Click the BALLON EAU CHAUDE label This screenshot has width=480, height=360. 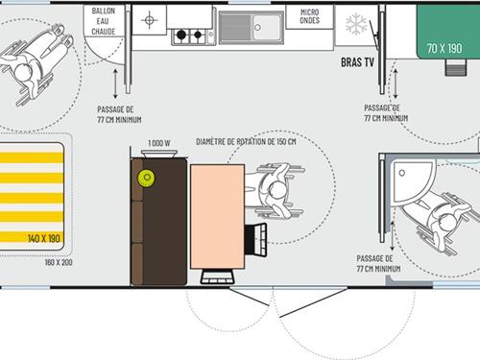pos(103,21)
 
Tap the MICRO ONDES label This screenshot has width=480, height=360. pos(309,16)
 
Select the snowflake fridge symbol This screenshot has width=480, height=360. pos(356,24)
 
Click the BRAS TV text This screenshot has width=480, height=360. pos(357,62)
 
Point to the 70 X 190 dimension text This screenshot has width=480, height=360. pos(444,49)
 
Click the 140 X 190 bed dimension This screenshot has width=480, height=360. pos(44,238)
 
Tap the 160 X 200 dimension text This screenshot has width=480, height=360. pos(59,262)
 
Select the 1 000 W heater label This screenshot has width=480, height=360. pos(159,143)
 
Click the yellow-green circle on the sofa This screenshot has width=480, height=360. pos(147,178)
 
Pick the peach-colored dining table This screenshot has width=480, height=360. pos(218,217)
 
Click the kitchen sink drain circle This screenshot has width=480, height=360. pos(257,28)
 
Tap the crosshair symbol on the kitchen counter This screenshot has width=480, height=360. pos(149,20)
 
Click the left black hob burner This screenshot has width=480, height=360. pos(181,35)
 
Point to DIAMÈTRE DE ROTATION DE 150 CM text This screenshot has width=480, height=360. pos(246,141)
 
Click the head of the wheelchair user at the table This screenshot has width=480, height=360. pos(276,191)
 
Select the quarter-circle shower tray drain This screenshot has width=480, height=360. pos(402,173)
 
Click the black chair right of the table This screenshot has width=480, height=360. pos(255,240)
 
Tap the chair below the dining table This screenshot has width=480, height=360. pos(217,277)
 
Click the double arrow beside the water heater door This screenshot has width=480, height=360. pos(115,84)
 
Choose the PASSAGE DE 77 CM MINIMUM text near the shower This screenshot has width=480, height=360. pos(378,263)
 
